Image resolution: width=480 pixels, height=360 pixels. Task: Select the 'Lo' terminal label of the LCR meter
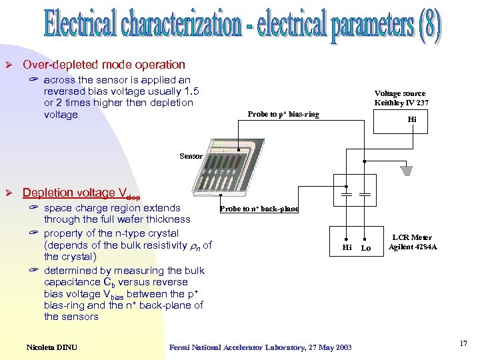[365, 247]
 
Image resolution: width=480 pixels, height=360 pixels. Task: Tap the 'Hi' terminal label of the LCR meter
[347, 247]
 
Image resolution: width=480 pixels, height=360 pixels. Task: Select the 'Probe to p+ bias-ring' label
[283, 114]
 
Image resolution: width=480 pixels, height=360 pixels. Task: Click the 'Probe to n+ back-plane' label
[259, 209]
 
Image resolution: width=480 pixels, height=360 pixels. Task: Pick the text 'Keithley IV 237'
[401, 103]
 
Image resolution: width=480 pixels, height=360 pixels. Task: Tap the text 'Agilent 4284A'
[413, 247]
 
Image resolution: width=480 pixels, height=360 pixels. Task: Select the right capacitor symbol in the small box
[365, 195]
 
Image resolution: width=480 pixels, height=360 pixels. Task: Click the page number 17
[463, 343]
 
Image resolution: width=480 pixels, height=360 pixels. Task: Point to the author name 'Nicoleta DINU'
[52, 346]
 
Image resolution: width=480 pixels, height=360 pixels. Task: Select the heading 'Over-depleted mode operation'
[104, 65]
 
